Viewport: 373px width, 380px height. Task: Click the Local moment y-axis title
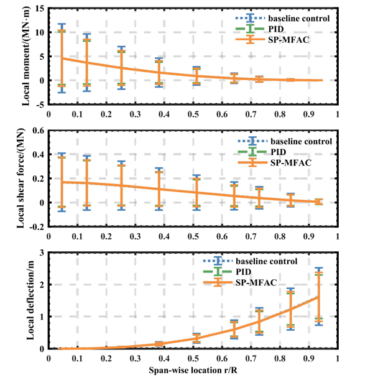(x=29, y=57)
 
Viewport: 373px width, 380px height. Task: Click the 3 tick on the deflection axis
(x=41, y=252)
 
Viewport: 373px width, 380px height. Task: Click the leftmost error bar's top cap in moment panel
(x=62, y=24)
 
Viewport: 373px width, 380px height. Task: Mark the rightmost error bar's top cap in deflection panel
(x=319, y=269)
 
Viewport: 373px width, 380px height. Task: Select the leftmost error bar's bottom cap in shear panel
(x=62, y=211)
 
